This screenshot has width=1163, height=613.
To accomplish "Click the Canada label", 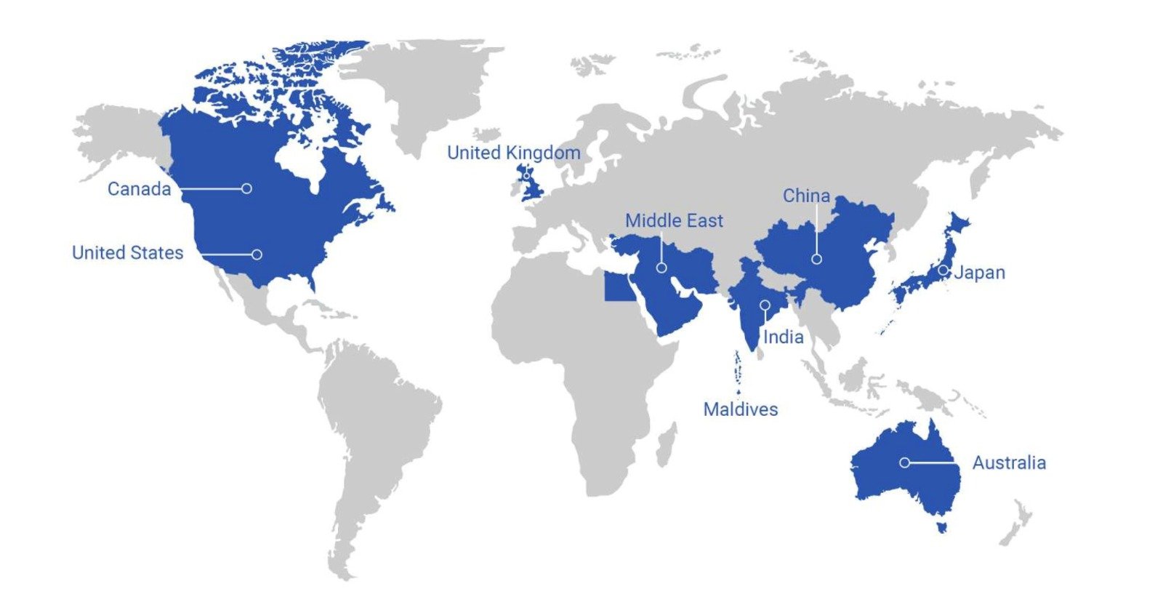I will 139,189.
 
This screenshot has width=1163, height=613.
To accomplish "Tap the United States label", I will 127,253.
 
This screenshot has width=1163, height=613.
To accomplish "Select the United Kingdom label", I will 513,153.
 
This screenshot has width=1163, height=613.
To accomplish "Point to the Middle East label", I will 674,220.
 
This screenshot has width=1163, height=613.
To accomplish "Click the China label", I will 806,196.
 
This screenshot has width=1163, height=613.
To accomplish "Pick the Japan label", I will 980,273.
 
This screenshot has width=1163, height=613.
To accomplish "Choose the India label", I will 783,337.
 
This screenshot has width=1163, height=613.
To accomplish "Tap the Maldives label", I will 740,409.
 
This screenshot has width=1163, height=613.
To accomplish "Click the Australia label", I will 1009,462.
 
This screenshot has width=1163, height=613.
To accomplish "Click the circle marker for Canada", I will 246,188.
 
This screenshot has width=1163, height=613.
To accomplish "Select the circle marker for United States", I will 257,255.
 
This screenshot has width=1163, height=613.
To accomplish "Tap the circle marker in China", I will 816,259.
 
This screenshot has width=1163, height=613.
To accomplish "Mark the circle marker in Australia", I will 904,462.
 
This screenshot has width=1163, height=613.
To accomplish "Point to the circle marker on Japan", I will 943,270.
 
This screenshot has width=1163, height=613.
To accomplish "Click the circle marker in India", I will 765,305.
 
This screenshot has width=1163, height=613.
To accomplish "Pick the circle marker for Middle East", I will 661,268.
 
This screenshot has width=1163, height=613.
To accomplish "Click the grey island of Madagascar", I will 666,444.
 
